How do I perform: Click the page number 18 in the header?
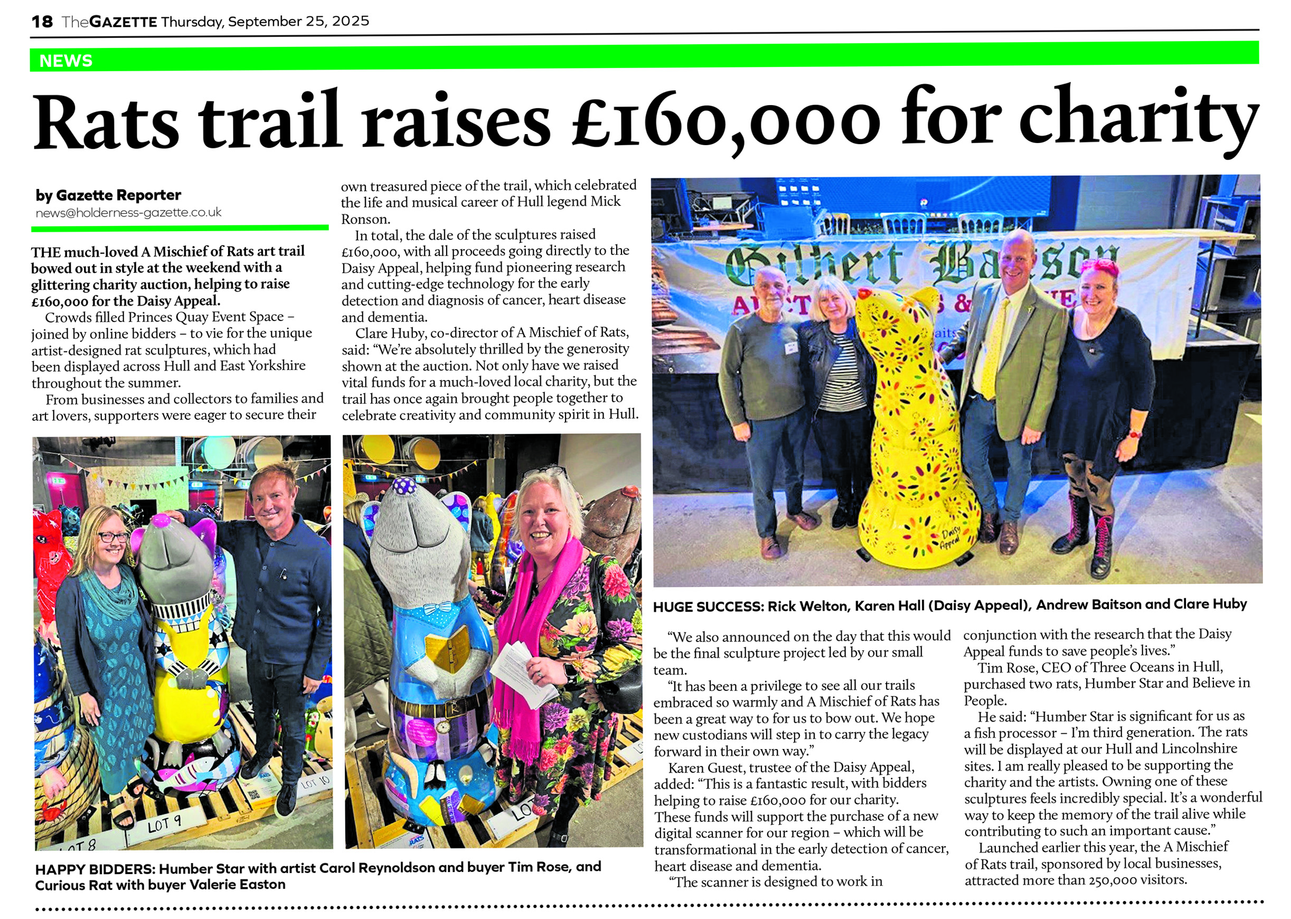pyautogui.click(x=42, y=22)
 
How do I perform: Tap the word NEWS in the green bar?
pyautogui.click(x=65, y=61)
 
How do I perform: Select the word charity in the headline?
pyautogui.click(x=1138, y=121)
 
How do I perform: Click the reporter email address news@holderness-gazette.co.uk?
pyautogui.click(x=128, y=213)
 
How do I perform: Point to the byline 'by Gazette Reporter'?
pyautogui.click(x=108, y=195)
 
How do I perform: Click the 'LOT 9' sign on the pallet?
pyautogui.click(x=165, y=825)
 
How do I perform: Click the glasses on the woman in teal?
pyautogui.click(x=113, y=536)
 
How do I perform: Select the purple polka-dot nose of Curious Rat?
pyautogui.click(x=402, y=485)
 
